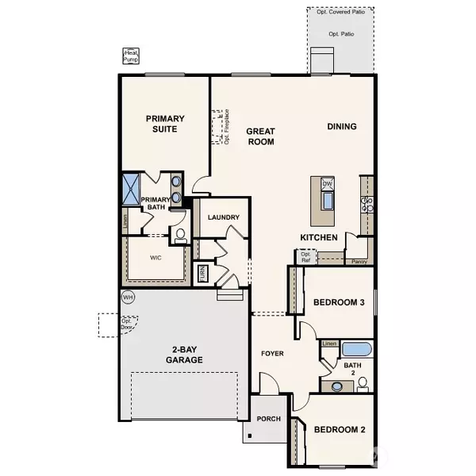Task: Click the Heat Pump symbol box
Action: (x=130, y=56)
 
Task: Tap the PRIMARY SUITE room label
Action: (x=166, y=123)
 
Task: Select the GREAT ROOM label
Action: (x=259, y=136)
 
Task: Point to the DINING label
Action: (x=342, y=126)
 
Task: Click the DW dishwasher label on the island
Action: (x=327, y=184)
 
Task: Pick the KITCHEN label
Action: (x=320, y=237)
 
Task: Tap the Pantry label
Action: (x=358, y=259)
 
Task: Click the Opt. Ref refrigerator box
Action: (x=305, y=256)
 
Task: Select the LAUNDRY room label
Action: (x=223, y=217)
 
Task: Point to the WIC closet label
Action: (x=156, y=257)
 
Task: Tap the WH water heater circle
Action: (x=128, y=297)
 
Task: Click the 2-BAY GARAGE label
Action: (x=184, y=355)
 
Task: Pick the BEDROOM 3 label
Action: (x=339, y=303)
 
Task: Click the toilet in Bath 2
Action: (x=363, y=384)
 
